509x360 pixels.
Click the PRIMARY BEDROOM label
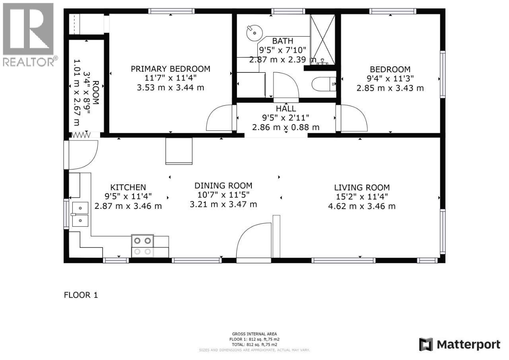click(x=170, y=69)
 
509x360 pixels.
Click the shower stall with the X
click(x=322, y=39)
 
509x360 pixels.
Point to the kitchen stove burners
click(x=142, y=246)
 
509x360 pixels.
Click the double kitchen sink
click(x=80, y=214)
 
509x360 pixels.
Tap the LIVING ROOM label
click(x=361, y=187)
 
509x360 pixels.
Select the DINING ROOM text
click(x=223, y=185)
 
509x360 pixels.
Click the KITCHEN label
click(x=128, y=187)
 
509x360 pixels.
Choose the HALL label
click(x=286, y=109)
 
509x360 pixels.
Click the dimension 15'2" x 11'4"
click(x=361, y=197)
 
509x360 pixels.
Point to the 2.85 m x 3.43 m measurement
click(x=390, y=88)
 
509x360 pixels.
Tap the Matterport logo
click(x=460, y=344)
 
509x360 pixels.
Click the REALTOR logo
click(x=28, y=34)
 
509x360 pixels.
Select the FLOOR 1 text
click(x=81, y=295)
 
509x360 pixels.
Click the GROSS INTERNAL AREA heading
click(x=254, y=334)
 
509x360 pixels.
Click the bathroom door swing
click(x=286, y=86)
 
